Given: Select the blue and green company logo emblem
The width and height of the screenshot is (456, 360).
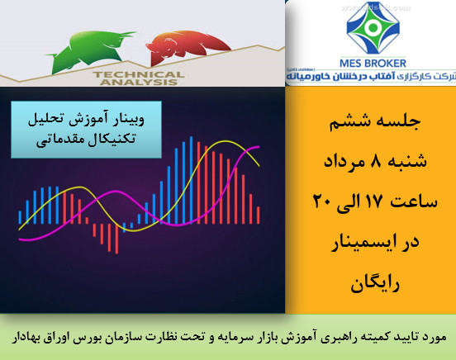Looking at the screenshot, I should point(370,28).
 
